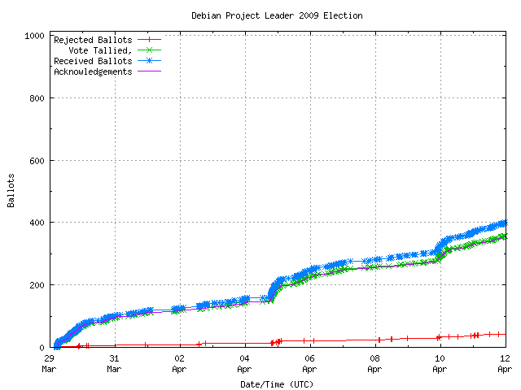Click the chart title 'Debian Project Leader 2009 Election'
pos(277,15)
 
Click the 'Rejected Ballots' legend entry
pos(92,40)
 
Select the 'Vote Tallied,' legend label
pos(100,50)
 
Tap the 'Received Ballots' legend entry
pos(92,61)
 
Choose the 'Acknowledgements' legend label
pos(92,71)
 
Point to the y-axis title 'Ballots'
pos(11,190)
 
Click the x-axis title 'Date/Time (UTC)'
pos(277,384)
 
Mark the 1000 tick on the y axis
pos(33,36)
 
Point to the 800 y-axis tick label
pos(36,98)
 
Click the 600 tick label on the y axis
pos(36,161)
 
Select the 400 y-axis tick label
pos(36,223)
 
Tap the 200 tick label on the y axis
pos(36,285)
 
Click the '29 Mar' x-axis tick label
pos(49,362)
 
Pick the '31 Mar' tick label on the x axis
pos(114,362)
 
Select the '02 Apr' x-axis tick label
pos(179,362)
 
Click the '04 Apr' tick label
pos(244,362)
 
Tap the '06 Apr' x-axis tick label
pos(309,362)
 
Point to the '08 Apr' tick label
pos(374,362)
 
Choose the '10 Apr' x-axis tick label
pos(440,362)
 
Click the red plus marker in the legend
pos(149,40)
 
